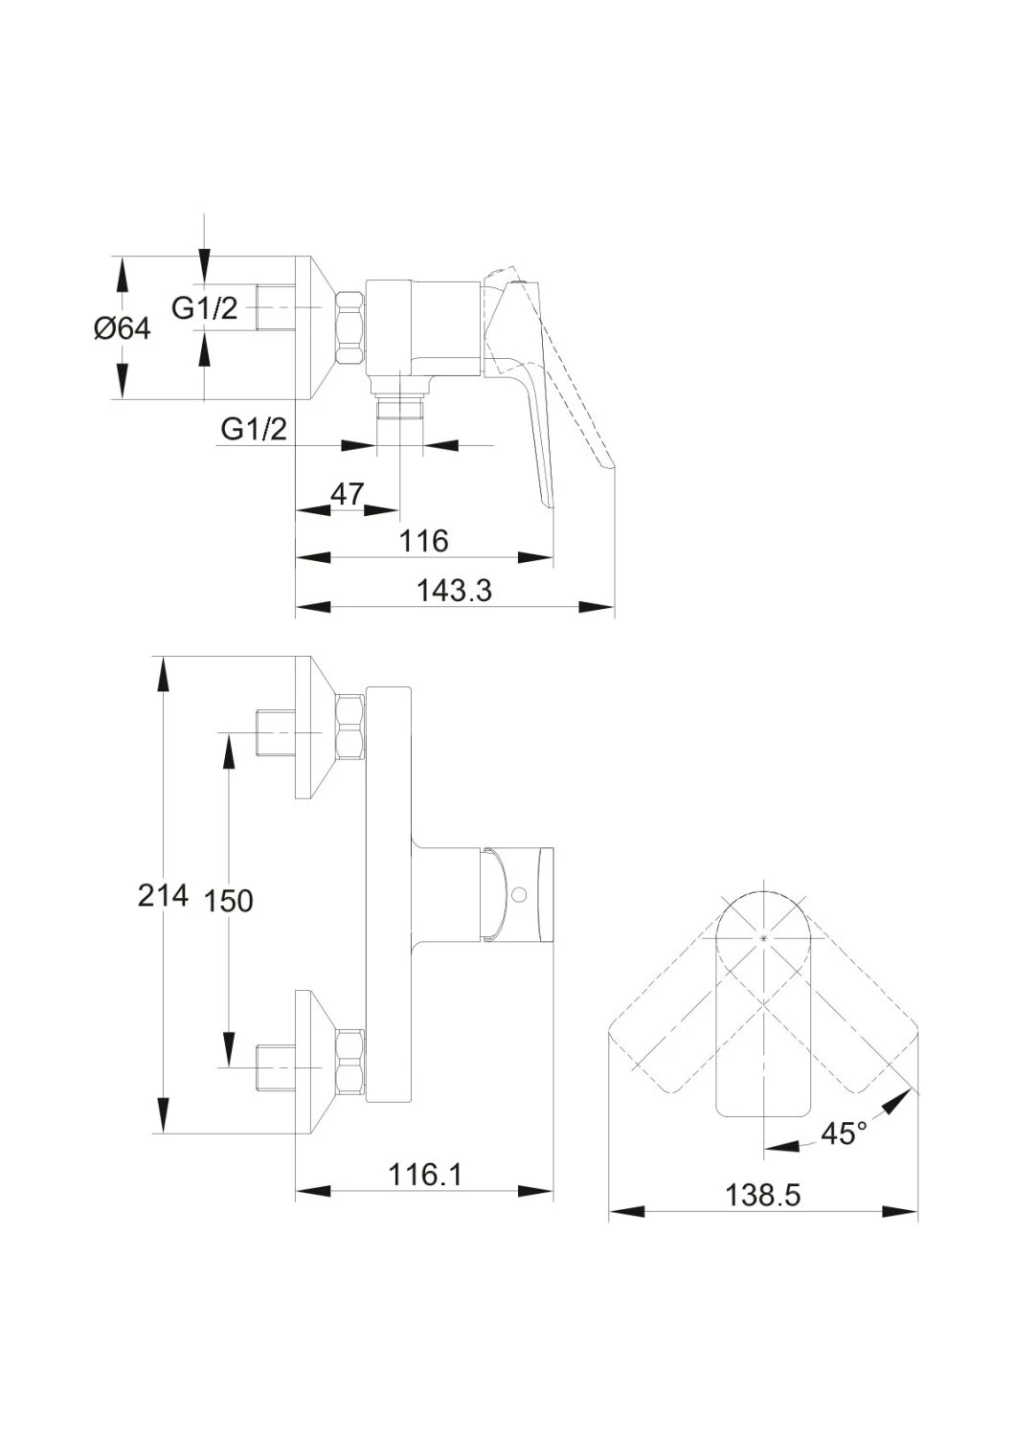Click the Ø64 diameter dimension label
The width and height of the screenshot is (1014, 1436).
[122, 329]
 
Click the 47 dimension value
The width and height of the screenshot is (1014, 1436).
[348, 494]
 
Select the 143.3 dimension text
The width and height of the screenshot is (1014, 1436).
[454, 591]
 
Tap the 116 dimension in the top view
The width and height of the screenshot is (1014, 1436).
[424, 541]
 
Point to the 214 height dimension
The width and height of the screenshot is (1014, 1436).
[164, 895]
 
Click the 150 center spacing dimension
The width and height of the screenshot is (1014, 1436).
[228, 902]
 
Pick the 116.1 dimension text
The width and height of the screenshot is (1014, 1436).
[424, 1175]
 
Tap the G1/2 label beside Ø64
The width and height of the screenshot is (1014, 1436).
[205, 309]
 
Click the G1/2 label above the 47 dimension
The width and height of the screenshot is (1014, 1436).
[254, 429]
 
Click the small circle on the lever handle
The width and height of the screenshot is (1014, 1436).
[521, 892]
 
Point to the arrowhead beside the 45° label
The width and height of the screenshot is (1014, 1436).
[897, 1104]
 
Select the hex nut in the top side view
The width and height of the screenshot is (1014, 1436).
[349, 327]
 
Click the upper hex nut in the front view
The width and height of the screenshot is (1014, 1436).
[350, 726]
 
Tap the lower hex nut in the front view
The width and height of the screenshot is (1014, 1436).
[350, 1062]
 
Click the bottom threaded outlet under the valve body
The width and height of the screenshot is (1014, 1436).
[399, 408]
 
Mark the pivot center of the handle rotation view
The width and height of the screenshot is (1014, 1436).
[762, 938]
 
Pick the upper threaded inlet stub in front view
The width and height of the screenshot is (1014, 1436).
[275, 732]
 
